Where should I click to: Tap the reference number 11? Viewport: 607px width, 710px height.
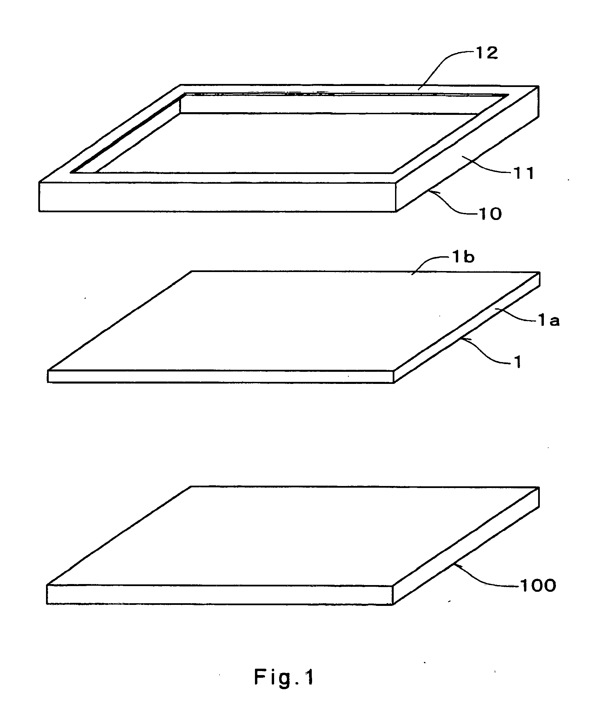(524, 174)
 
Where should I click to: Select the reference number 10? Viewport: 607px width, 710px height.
(490, 214)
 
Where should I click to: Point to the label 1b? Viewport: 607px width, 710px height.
(463, 257)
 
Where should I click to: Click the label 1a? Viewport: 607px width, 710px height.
(549, 321)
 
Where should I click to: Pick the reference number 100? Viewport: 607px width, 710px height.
(538, 586)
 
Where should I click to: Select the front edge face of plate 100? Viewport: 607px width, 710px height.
(219, 594)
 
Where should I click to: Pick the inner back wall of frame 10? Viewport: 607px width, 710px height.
(329, 104)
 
